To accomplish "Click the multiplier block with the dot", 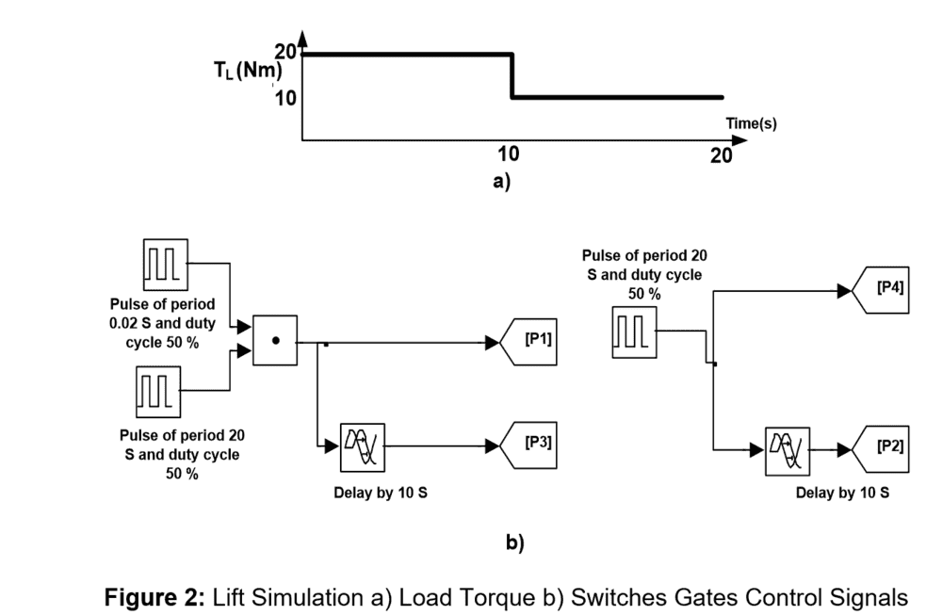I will click(x=275, y=340).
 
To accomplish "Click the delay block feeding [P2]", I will click(x=788, y=445).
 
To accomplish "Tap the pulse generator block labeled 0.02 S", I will click(x=165, y=265).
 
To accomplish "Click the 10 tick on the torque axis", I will click(x=285, y=97).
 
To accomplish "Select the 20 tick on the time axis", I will click(x=722, y=156).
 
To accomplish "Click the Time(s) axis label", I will click(x=751, y=123).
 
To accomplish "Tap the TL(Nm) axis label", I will click(x=241, y=73).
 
